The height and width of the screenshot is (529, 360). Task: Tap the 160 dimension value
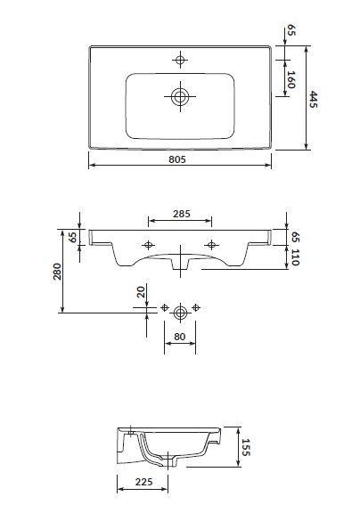292,83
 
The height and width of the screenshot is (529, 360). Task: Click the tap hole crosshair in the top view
181,60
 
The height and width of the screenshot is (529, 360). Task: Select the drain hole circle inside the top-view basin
181,94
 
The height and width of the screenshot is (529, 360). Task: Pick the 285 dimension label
181,214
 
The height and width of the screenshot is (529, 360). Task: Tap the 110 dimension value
293,259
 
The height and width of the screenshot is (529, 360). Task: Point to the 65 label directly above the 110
293,236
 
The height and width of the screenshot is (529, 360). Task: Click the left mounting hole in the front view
149,245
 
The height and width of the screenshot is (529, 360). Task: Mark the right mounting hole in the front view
212,245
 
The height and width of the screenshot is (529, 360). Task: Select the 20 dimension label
140,292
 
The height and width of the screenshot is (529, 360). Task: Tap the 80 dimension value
181,338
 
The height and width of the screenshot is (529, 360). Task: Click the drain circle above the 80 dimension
181,311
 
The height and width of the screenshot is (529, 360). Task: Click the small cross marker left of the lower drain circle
165,308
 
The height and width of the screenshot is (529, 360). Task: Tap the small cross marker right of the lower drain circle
198,308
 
